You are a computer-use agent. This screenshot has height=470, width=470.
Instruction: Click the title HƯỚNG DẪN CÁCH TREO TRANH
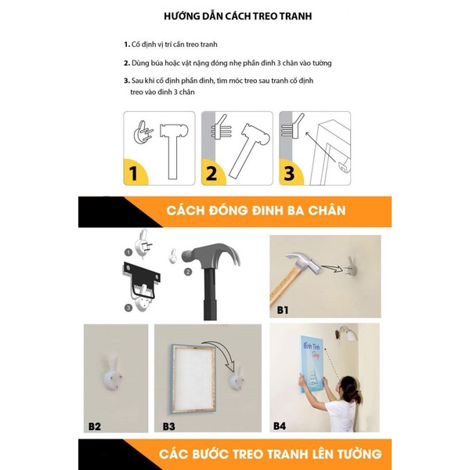pyautogui.click(x=235, y=16)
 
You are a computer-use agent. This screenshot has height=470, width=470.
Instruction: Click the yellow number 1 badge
pyautogui.click(x=135, y=172)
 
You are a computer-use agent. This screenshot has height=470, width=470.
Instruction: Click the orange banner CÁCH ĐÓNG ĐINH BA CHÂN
pyautogui.click(x=256, y=211)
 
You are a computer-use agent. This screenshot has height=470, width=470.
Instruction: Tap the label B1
pyautogui.click(x=283, y=310)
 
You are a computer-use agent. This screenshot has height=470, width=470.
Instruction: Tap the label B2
pyautogui.click(x=95, y=426)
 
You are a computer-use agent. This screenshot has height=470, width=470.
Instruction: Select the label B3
pyautogui.click(x=168, y=426)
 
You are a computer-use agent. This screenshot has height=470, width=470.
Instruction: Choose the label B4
pyautogui.click(x=280, y=426)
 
